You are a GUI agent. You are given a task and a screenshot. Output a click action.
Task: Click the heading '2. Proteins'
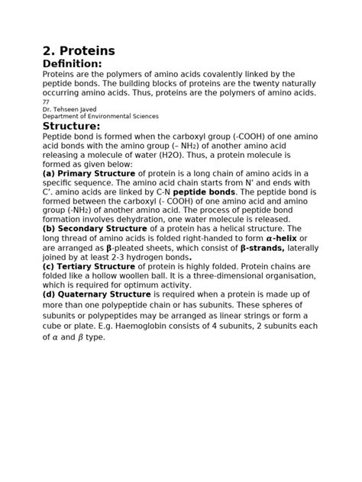pyautogui.click(x=79, y=50)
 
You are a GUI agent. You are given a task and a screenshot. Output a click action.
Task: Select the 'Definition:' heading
pyautogui.click(x=72, y=63)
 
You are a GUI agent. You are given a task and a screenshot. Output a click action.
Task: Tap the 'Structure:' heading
pyautogui.click(x=71, y=126)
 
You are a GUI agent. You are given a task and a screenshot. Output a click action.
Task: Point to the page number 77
pyautogui.click(x=46, y=101)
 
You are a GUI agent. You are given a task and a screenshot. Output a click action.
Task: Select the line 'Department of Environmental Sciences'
pyautogui.click(x=100, y=116)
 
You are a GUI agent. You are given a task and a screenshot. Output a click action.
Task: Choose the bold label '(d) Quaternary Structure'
pyautogui.click(x=97, y=294)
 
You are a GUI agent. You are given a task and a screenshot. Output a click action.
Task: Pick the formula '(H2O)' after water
pyautogui.click(x=216, y=154)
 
